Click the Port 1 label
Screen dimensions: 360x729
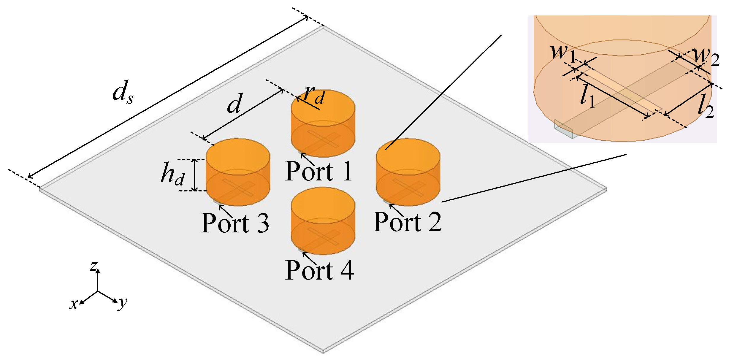coord(318,171)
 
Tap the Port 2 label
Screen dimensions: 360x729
coord(407,222)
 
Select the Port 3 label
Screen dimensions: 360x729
coord(235,223)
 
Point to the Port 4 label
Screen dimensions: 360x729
coord(319,270)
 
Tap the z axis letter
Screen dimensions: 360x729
coord(94,266)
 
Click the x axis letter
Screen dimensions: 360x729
coord(73,304)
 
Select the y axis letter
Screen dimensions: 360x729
coord(122,303)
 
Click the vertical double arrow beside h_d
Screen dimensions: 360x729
coord(195,175)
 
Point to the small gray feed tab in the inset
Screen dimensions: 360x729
coord(564,129)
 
